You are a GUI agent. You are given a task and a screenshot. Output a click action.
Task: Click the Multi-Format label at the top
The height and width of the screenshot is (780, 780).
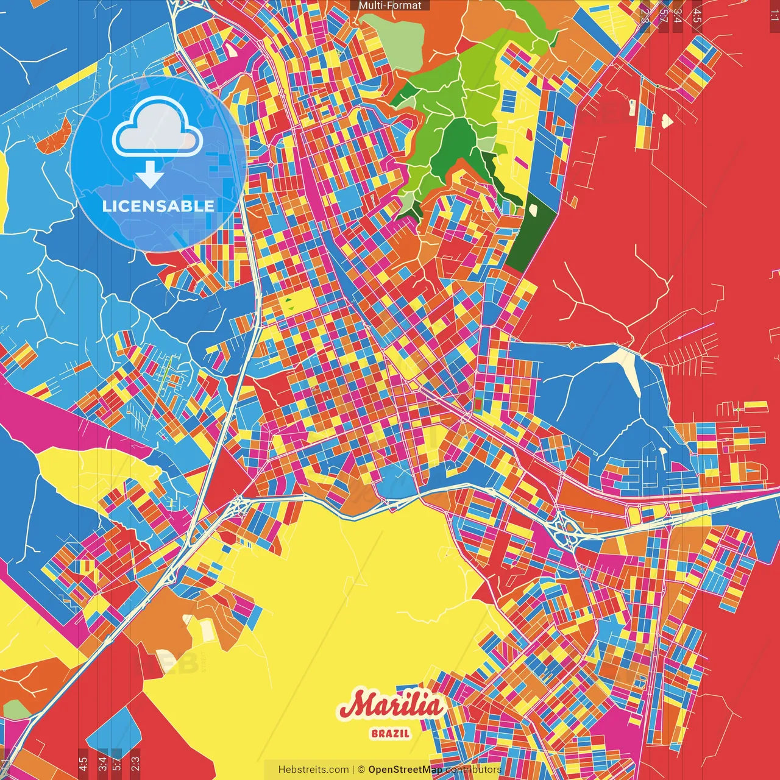[390, 5]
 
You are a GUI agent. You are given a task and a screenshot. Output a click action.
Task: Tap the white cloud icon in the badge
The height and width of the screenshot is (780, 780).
[157, 130]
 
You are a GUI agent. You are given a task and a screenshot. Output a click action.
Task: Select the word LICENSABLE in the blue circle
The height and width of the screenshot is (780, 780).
[158, 206]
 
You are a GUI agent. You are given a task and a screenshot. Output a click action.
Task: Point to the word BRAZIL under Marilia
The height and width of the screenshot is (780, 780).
[391, 734]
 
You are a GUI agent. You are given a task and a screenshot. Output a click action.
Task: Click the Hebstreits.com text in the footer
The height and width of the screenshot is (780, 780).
[313, 770]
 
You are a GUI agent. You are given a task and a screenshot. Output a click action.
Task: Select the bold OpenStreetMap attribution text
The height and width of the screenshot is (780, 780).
[405, 770]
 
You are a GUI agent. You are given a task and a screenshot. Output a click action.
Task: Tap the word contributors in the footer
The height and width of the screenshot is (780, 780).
[473, 770]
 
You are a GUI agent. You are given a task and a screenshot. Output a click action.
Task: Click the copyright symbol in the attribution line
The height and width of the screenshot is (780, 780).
[361, 770]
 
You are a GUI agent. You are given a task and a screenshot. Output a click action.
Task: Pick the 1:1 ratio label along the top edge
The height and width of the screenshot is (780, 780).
[774, 13]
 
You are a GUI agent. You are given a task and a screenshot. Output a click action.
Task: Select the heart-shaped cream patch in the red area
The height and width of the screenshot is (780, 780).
[667, 121]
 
